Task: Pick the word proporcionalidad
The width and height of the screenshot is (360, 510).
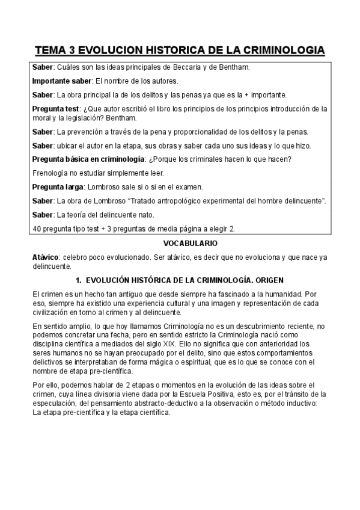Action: click(x=191, y=132)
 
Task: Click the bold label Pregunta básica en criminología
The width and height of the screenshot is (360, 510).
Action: click(x=88, y=159)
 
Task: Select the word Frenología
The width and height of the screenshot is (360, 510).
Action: click(x=49, y=173)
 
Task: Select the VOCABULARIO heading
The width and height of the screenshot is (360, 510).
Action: click(x=180, y=243)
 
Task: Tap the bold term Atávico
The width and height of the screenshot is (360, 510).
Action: click(x=45, y=257)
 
